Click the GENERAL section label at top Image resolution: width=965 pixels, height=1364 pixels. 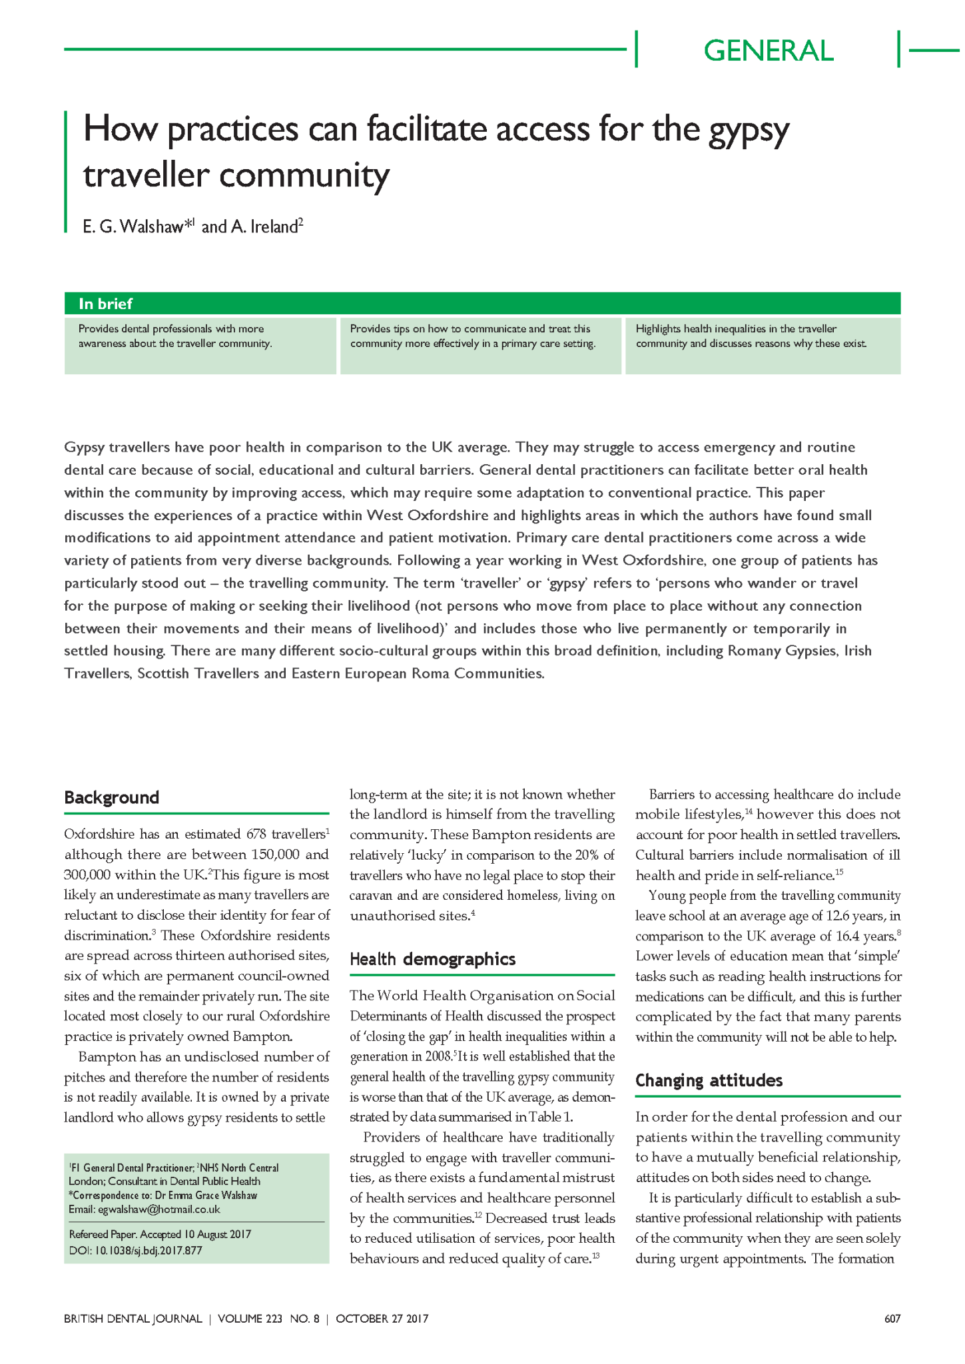pos(768,51)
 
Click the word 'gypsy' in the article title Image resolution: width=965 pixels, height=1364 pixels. pos(748,131)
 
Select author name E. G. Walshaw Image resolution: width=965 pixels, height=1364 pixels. pos(133,227)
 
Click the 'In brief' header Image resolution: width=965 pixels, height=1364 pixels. pos(105,304)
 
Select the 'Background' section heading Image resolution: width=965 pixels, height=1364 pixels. pos(111,797)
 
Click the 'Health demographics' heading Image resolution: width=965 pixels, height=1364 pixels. pos(432,959)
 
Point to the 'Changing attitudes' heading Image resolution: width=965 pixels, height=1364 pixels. pos(709,1080)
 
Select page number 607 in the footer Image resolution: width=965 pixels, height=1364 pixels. pos(892,1319)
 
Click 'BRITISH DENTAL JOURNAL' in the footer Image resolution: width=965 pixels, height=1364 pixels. pos(133,1319)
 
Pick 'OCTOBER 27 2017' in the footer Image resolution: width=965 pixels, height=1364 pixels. pos(382,1319)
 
